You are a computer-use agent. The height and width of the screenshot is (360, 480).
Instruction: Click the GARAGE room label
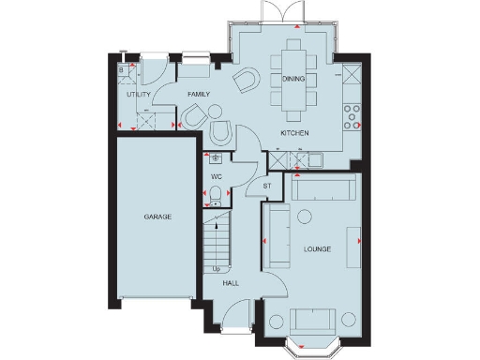pyautogui.click(x=157, y=217)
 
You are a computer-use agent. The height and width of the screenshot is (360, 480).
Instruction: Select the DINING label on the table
pyautogui.click(x=293, y=80)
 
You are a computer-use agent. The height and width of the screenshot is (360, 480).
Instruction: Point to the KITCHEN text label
pyautogui.click(x=294, y=133)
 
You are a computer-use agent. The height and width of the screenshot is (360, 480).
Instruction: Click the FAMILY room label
pyautogui.click(x=197, y=95)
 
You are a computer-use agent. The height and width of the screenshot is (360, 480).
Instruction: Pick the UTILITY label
pyautogui.click(x=139, y=95)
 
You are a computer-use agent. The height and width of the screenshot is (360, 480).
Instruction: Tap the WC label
pyautogui.click(x=216, y=175)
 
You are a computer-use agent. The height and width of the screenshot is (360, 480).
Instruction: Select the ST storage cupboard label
pyautogui.click(x=267, y=186)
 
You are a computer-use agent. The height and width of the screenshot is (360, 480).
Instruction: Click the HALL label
pyautogui.click(x=231, y=281)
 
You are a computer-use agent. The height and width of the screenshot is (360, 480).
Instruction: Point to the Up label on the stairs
pyautogui.click(x=217, y=268)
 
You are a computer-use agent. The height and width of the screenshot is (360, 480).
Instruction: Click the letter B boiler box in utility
pyautogui.click(x=122, y=69)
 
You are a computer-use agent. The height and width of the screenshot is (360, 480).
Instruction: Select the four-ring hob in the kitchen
pyautogui.click(x=352, y=115)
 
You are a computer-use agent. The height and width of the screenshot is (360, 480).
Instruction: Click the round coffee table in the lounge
pyautogui.click(x=304, y=217)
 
